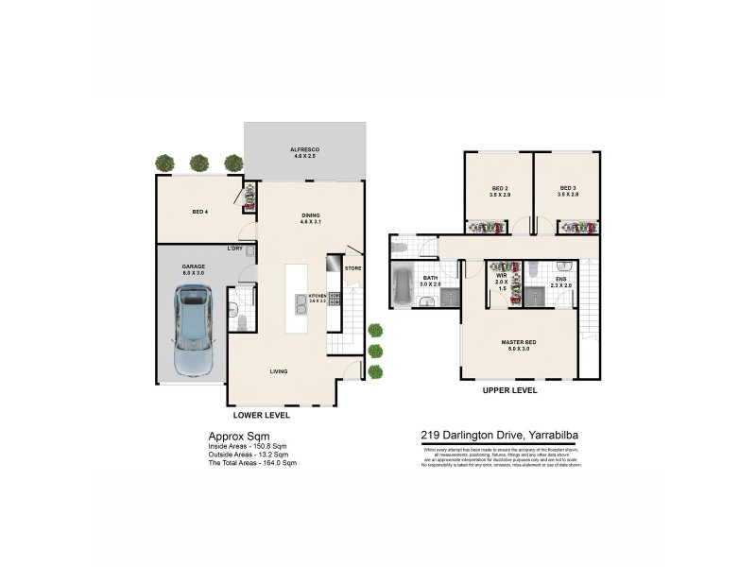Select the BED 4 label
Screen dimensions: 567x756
click(199, 212)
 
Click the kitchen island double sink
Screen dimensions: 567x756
click(301, 303)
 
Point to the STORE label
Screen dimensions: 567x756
click(352, 268)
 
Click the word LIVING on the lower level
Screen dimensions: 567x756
click(279, 371)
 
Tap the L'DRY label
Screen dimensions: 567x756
click(233, 249)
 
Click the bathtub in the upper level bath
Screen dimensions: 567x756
click(401, 288)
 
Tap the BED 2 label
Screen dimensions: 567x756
click(500, 187)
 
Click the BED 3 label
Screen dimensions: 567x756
click(567, 187)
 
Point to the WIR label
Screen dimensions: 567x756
click(502, 275)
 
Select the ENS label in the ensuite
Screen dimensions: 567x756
click(560, 279)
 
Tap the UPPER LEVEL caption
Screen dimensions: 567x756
click(510, 389)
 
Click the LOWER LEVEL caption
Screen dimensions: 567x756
click(261, 415)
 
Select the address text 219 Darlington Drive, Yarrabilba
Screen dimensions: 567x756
click(499, 436)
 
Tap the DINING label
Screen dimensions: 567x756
click(310, 215)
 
